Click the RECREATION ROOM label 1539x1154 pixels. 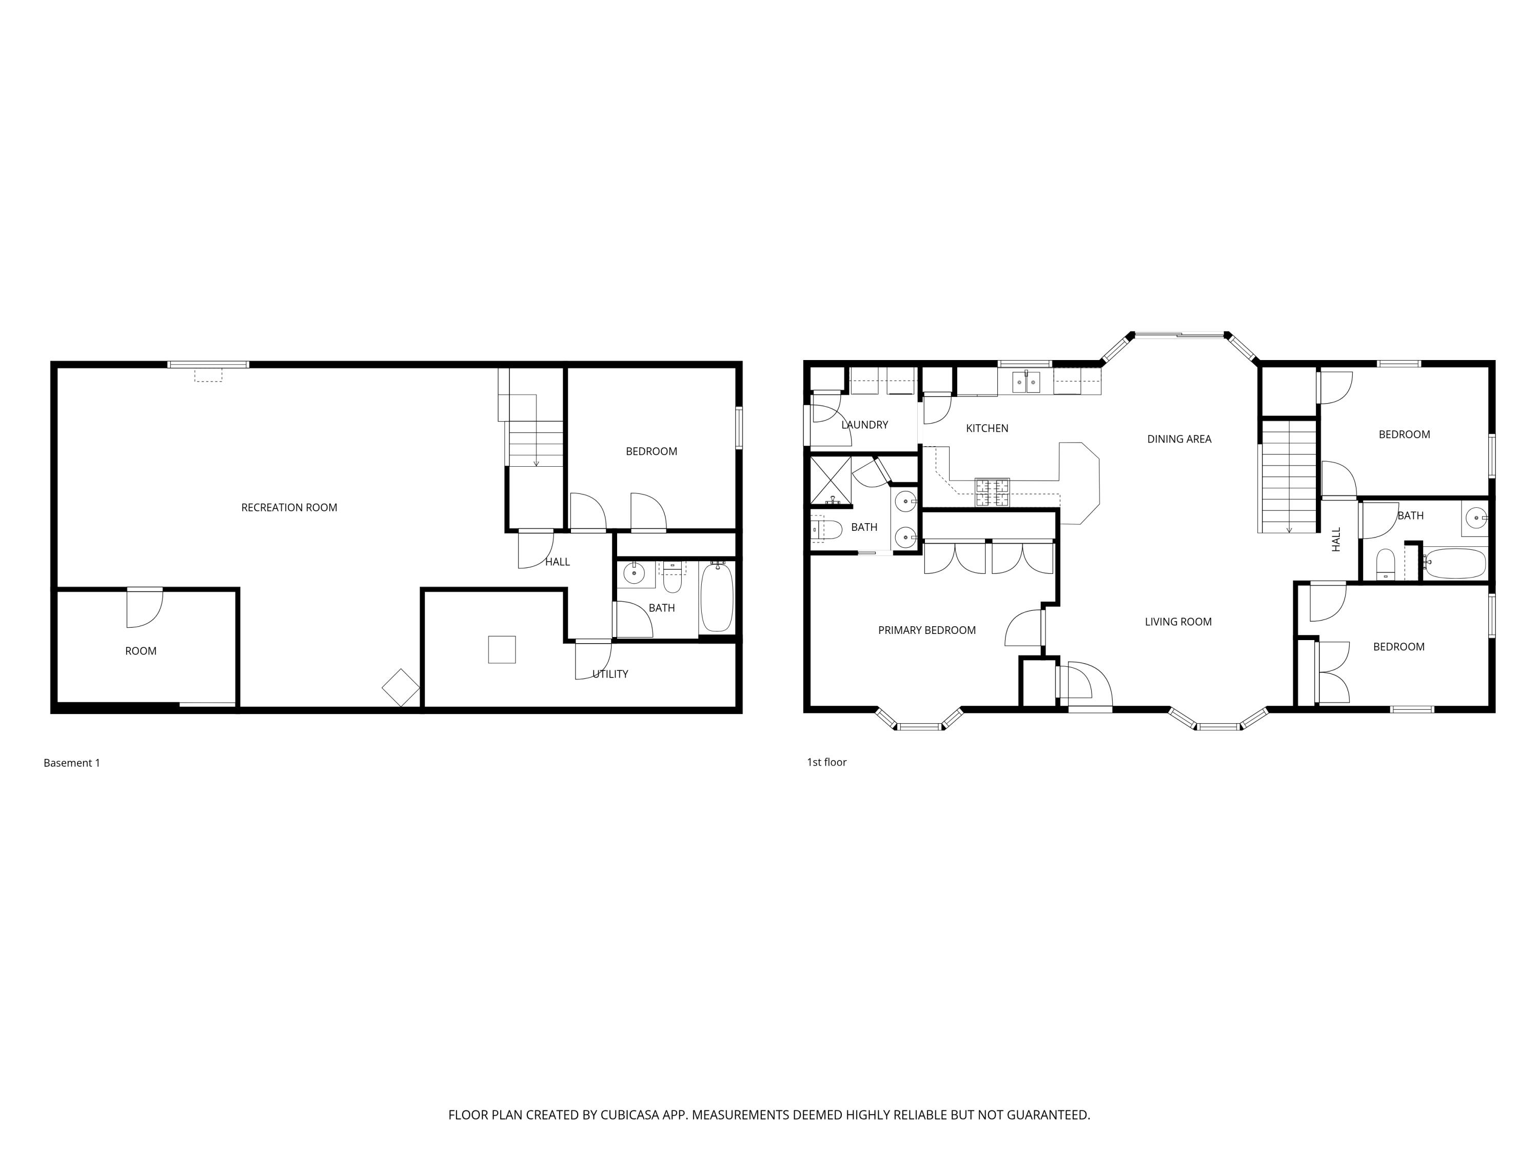click(289, 508)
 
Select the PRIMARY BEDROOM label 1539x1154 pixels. click(927, 630)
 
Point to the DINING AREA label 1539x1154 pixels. click(1179, 439)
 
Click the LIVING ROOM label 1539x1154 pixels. click(1178, 622)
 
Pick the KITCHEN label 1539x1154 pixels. click(988, 428)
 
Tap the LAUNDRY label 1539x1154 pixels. click(865, 425)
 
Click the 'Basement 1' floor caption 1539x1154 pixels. click(72, 763)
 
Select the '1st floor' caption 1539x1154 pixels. click(826, 762)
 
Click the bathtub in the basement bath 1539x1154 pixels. click(717, 597)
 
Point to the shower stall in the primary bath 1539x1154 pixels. click(831, 480)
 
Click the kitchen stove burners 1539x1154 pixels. click(992, 492)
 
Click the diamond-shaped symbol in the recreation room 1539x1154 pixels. click(401, 687)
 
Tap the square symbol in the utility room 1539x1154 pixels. click(502, 650)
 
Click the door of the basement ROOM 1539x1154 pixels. click(145, 607)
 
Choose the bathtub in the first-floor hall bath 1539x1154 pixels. click(1455, 564)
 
